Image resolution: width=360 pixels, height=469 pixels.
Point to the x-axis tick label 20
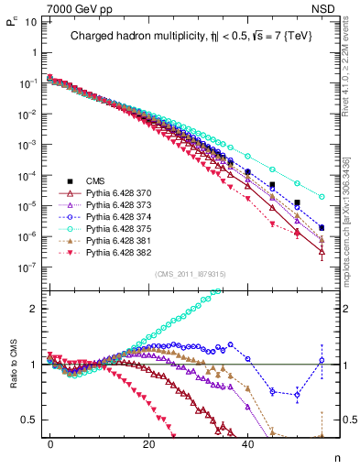(x=148, y=443)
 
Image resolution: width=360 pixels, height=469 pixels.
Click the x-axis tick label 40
(x=247, y=443)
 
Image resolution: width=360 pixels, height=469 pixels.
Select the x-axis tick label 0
(x=50, y=443)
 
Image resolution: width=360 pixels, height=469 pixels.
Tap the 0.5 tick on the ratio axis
(x=32, y=420)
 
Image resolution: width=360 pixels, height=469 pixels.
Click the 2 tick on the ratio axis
(x=35, y=309)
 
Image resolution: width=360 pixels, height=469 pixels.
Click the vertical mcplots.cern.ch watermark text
(x=352, y=229)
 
